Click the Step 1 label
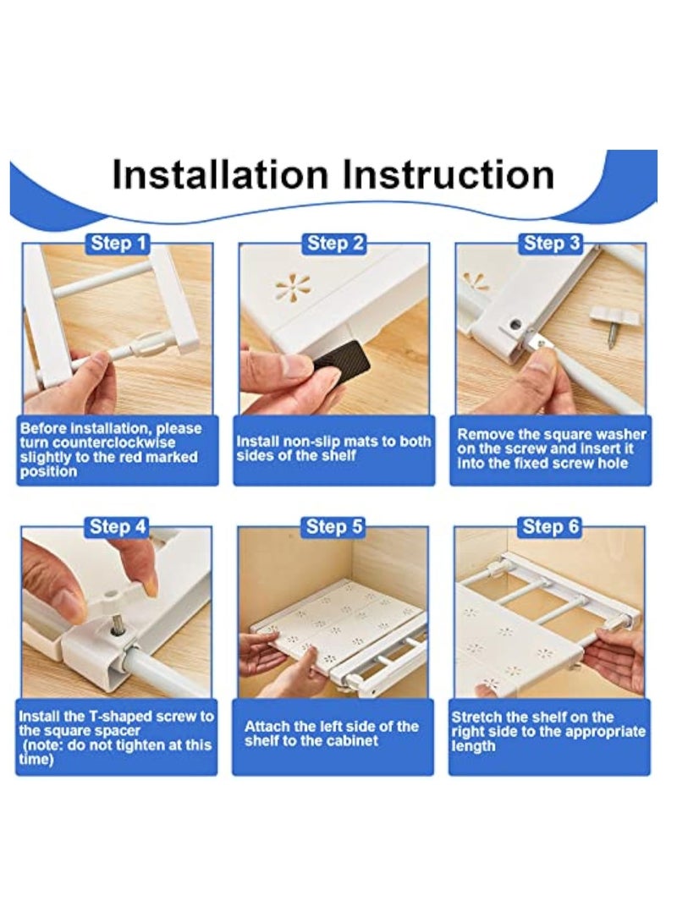pos(118,243)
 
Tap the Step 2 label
pos(336,243)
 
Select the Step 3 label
pos(552,243)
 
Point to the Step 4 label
pos(118,526)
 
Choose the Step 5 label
pos(334,526)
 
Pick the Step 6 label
pos(551,526)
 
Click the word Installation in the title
pos(219,175)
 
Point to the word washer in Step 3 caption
pos(619,434)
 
